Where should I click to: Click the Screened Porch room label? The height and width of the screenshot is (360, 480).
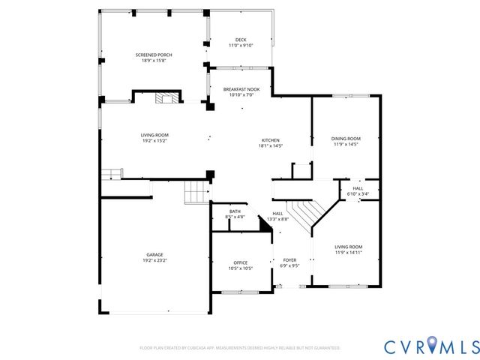click(x=154, y=55)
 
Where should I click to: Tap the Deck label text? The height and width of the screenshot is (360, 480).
click(x=241, y=40)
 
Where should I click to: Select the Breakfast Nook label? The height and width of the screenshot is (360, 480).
click(x=241, y=89)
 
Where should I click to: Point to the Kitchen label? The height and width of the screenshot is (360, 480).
click(x=270, y=140)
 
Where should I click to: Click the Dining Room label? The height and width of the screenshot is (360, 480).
click(x=346, y=138)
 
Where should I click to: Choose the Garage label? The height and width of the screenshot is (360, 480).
click(x=154, y=254)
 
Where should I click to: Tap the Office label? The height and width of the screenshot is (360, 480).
click(x=240, y=262)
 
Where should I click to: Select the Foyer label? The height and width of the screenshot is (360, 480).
click(x=289, y=259)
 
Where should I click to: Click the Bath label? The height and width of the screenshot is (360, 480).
click(x=235, y=211)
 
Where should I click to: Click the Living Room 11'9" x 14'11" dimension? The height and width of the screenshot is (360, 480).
click(x=348, y=253)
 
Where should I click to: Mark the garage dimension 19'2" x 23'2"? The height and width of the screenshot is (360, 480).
click(x=154, y=260)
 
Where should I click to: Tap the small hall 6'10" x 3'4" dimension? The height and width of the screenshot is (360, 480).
click(x=358, y=193)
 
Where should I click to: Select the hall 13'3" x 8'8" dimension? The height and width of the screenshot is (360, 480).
click(x=277, y=219)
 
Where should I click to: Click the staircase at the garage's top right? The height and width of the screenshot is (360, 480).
click(x=197, y=193)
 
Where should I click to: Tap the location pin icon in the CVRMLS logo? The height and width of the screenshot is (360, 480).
click(x=433, y=345)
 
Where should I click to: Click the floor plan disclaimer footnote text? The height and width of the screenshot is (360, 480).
click(x=240, y=348)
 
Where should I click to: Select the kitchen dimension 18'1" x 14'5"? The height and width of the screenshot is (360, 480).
click(x=270, y=145)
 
